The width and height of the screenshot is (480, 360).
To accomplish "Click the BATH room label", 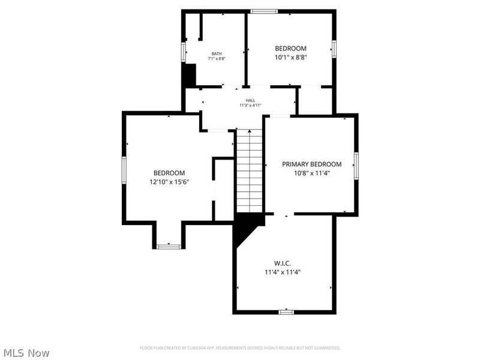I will click(216, 53).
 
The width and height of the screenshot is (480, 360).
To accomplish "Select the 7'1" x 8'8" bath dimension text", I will click(216, 59).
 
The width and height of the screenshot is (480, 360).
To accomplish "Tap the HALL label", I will click(250, 100).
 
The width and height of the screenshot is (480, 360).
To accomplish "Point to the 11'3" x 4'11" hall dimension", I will click(250, 106).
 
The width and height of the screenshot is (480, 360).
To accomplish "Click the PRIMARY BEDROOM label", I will click(311, 164).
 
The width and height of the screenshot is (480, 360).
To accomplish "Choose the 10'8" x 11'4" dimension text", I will click(311, 173).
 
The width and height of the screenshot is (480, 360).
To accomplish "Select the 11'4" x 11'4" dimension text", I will click(282, 272).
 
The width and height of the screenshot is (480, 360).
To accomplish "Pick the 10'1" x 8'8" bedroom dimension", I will click(290, 58).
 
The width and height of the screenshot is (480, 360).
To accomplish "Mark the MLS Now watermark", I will click(26, 353).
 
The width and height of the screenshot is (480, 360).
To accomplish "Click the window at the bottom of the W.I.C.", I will click(286, 311).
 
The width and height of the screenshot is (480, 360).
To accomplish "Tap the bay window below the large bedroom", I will click(169, 246).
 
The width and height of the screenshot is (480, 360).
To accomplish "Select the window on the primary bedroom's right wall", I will click(356, 165).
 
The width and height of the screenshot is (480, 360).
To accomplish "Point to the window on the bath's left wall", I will click(184, 50).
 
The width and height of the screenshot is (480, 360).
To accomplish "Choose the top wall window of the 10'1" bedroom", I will click(264, 11).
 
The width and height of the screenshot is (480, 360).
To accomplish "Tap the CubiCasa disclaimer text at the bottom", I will click(240, 347).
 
